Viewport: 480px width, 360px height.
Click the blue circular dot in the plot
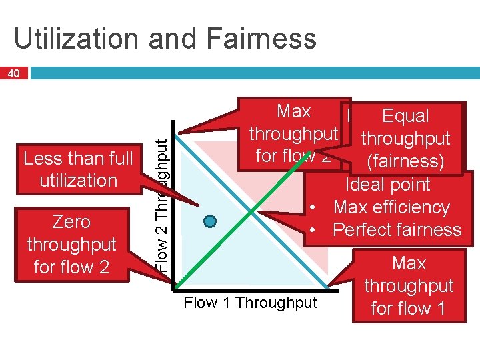point(211,221)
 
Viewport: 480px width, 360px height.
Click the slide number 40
point(14,73)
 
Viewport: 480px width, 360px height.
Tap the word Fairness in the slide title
point(257,39)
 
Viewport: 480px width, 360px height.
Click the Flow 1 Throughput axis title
point(251,303)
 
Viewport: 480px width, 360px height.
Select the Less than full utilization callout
point(79,169)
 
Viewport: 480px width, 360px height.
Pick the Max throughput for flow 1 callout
point(409,286)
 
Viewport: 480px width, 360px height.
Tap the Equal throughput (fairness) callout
point(405,139)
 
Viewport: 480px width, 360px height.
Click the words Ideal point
point(388,185)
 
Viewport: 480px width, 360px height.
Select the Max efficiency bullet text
point(391,207)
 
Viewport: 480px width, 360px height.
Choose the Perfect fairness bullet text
point(397,230)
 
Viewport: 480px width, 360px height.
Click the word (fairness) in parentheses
point(406,161)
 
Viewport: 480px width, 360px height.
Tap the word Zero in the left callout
point(71,222)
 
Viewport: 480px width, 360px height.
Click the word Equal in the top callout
point(405,116)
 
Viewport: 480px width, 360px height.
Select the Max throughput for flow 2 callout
point(293,134)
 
